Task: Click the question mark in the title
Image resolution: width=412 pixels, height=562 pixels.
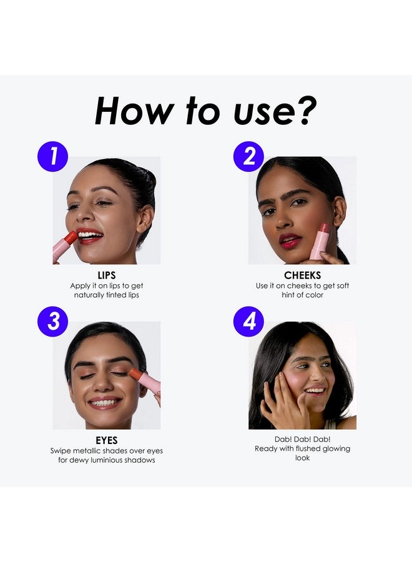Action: (x=304, y=111)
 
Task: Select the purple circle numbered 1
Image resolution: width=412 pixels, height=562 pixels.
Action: (x=52, y=156)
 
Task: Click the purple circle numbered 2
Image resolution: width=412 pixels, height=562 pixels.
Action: (x=248, y=156)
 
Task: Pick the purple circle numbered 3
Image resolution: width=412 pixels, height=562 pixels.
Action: (x=52, y=321)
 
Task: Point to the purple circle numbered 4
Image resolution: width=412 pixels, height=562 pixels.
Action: (x=248, y=321)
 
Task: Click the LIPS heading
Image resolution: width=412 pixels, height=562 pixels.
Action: (x=106, y=275)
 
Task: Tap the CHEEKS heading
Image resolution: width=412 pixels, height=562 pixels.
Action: (x=302, y=275)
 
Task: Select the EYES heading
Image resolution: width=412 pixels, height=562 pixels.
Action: (x=106, y=440)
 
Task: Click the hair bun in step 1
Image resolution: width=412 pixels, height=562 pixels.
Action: (x=147, y=179)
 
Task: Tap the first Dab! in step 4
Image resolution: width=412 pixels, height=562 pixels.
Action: (x=283, y=439)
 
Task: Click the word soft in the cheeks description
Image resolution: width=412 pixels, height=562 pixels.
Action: (x=343, y=285)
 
